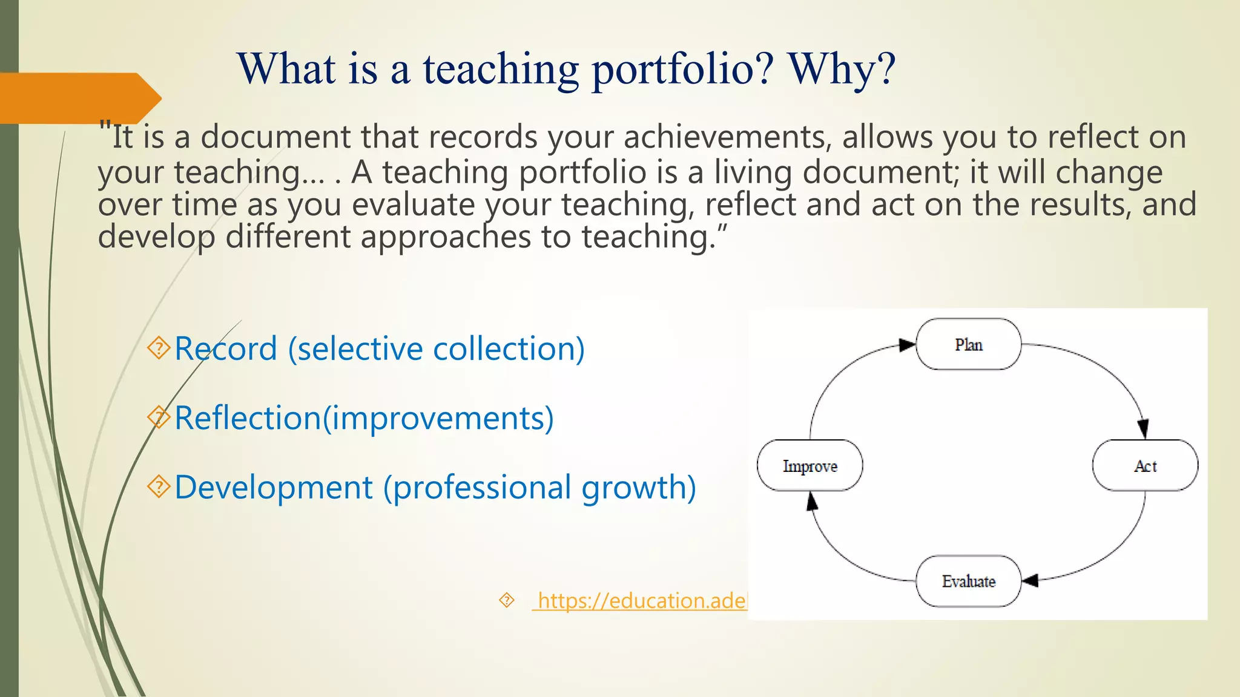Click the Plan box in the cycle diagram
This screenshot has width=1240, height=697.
(968, 344)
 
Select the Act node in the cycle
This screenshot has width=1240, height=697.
(1145, 465)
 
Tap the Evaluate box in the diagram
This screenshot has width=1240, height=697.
(968, 581)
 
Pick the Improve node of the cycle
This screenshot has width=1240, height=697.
(810, 465)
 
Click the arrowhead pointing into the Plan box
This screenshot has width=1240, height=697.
(907, 345)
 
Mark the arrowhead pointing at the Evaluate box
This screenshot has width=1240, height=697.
(1031, 580)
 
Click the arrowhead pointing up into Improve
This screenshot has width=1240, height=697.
(812, 501)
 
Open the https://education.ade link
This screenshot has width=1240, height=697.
(641, 600)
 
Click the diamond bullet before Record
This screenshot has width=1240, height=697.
(159, 348)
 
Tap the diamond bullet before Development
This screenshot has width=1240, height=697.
(159, 486)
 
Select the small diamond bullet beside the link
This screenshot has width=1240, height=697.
(506, 600)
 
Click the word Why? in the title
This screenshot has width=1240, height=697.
(841, 68)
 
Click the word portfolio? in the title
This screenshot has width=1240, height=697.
(682, 70)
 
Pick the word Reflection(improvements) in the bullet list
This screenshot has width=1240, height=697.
(364, 418)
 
